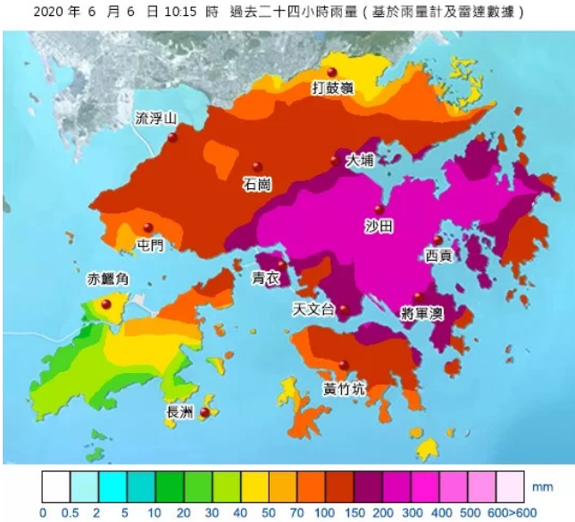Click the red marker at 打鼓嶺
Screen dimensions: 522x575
coord(331,72)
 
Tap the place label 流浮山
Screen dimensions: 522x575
coord(155,118)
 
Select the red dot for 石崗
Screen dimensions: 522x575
coord(257,167)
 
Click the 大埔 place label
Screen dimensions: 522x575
coord(361,162)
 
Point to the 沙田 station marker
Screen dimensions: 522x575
coord(379,211)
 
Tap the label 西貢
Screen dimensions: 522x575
coord(438,256)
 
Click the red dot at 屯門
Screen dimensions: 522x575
coord(148,228)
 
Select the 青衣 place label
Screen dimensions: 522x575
coord(266,278)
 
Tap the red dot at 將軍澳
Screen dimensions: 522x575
coord(418,298)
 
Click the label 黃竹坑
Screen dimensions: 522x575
coord(342,389)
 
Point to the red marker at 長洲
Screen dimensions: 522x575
coord(204,412)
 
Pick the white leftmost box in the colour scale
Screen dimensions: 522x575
coord(56,488)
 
